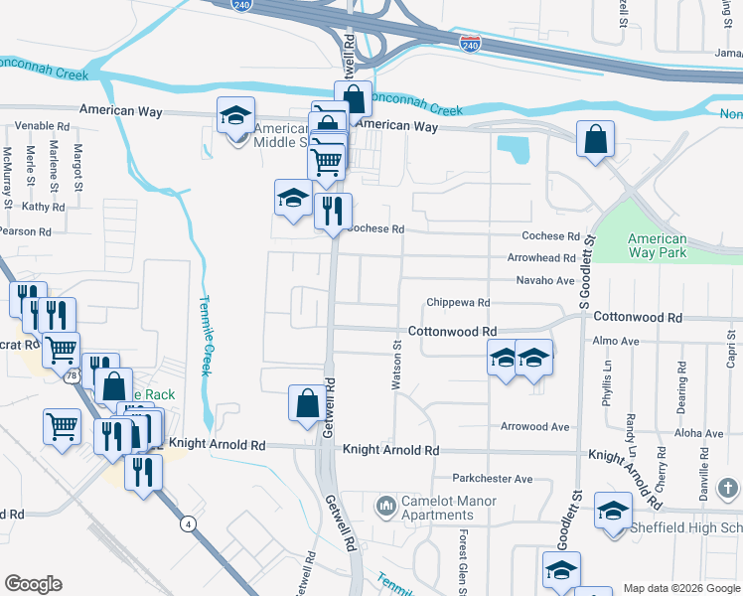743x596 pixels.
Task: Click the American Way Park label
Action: pos(658,245)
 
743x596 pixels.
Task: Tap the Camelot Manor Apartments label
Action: pos(437,508)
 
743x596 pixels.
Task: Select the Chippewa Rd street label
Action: pos(458,302)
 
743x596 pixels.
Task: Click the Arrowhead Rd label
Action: pos(541,258)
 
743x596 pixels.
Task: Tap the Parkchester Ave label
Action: pos(493,479)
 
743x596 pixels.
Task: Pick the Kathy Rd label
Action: pos(43,207)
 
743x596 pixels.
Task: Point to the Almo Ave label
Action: pos(615,341)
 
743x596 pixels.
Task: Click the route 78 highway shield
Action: pos(72,377)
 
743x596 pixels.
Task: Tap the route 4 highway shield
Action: pos(187,523)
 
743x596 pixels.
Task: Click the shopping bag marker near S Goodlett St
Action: pos(595,142)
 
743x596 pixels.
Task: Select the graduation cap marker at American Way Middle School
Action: pos(235,115)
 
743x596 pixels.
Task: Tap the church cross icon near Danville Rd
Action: pos(728,489)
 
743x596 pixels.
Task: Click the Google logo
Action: pos(33,584)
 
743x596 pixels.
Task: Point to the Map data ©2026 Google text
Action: pos(680,588)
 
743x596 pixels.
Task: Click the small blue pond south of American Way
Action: pos(516,150)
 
